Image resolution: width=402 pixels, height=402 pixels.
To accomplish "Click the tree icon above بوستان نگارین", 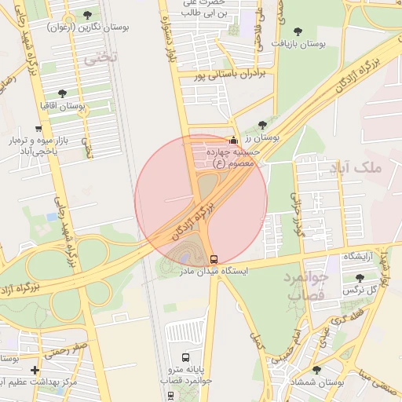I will point(86,15).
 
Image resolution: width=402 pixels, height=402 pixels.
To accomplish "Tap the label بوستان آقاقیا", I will point(64,105).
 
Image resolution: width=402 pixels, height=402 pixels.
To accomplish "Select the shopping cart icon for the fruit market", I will point(38,128).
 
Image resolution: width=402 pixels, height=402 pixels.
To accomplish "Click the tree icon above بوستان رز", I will point(262,124).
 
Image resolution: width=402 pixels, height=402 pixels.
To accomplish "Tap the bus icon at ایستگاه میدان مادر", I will point(214,258).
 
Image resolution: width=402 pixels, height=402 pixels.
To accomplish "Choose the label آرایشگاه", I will point(361,258).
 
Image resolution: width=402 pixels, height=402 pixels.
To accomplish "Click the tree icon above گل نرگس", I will point(360,278).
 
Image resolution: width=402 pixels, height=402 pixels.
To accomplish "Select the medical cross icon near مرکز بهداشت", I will point(35,370).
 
